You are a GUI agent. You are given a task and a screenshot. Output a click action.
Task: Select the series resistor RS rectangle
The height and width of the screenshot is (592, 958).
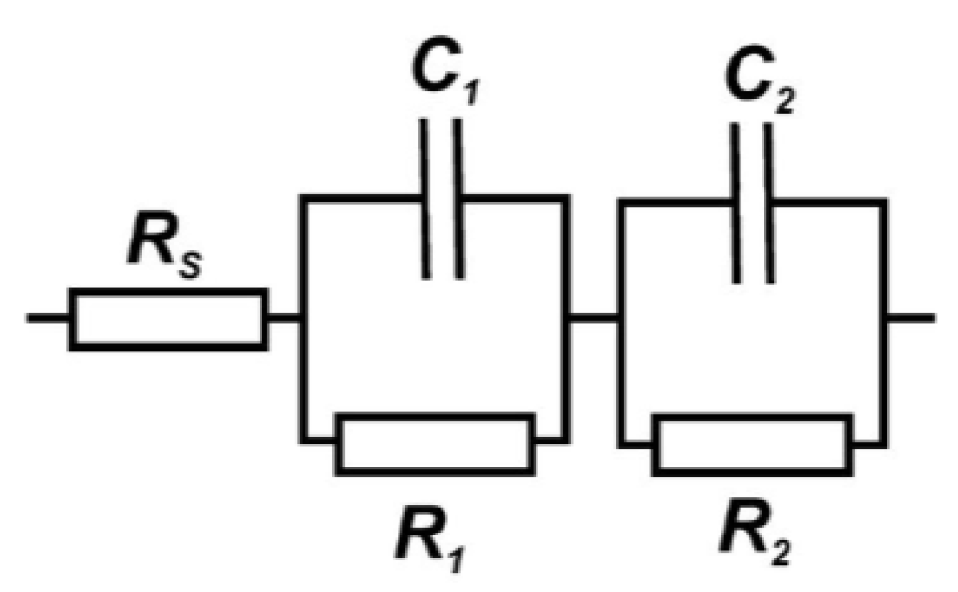coord(168,319)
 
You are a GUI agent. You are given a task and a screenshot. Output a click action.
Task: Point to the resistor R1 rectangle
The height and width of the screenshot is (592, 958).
coord(435,444)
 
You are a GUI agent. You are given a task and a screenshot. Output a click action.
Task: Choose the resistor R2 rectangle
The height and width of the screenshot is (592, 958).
coord(752,444)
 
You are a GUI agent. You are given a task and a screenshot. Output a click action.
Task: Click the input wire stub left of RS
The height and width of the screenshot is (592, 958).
coord(47,318)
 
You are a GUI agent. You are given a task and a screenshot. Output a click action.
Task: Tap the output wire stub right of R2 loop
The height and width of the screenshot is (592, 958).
coord(911,318)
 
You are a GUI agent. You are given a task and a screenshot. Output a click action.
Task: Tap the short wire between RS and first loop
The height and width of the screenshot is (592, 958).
coord(285,319)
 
